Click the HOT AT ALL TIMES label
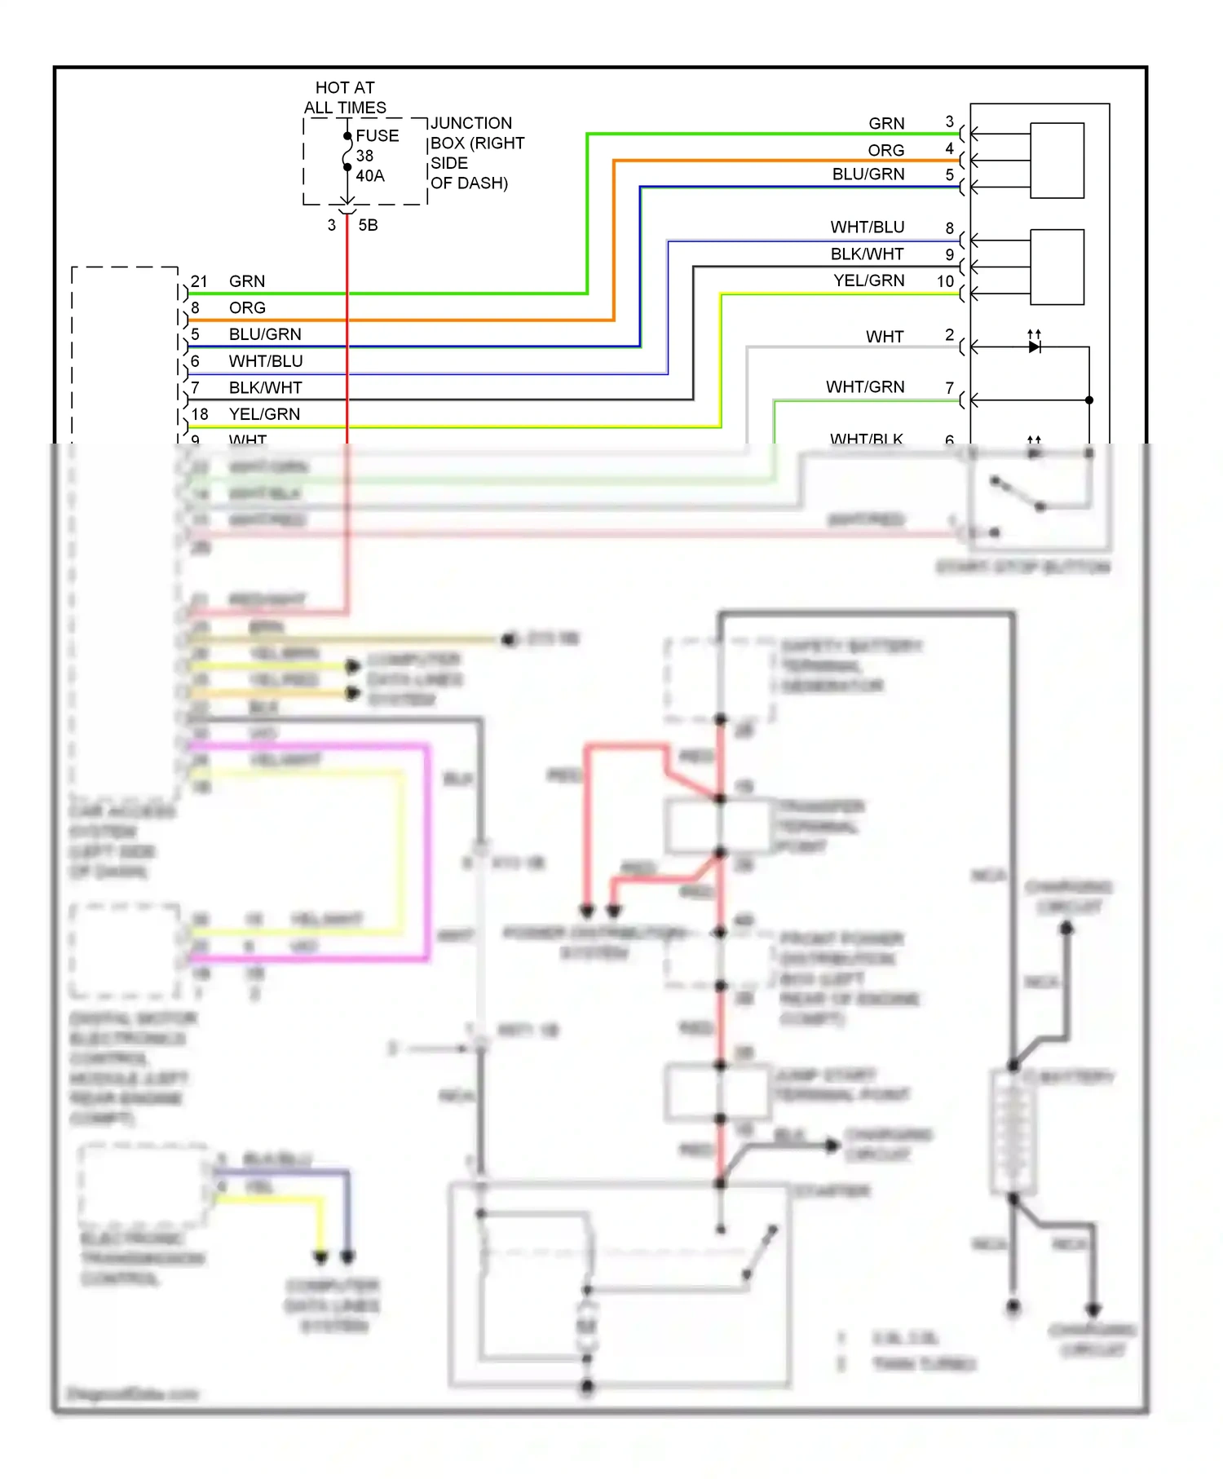point(345,98)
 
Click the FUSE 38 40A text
point(376,156)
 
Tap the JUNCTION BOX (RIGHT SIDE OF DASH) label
point(476,153)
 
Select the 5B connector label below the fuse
point(368,226)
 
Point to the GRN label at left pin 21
point(246,281)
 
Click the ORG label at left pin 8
point(247,308)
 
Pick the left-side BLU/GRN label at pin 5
point(265,334)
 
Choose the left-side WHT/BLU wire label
point(266,361)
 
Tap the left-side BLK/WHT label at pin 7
point(265,388)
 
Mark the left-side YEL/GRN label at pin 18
point(264,414)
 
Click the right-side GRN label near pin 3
point(886,124)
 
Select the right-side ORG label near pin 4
point(885,151)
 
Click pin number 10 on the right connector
point(945,281)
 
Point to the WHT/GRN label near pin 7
point(865,387)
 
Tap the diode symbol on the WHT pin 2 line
point(1035,347)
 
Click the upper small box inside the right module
point(1057,161)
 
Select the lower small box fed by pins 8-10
point(1057,267)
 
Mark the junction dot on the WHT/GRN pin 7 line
point(1089,400)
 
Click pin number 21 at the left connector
point(199,281)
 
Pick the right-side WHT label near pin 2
point(885,337)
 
